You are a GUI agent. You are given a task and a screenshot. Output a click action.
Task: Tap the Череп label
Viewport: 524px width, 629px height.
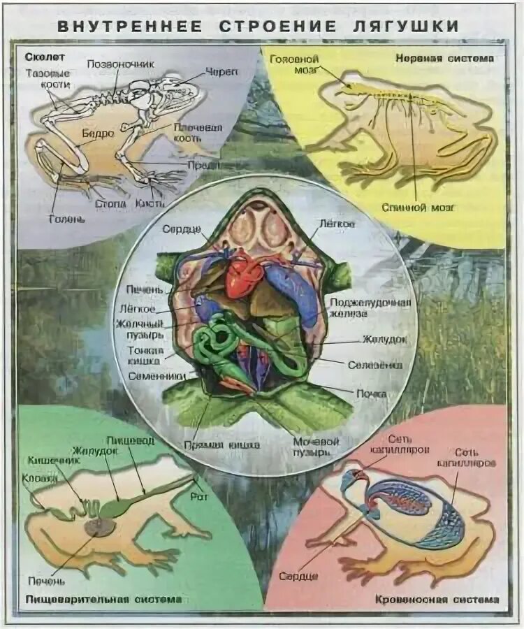click(x=223, y=72)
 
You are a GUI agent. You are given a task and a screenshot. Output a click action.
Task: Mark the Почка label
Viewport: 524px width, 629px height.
click(x=371, y=393)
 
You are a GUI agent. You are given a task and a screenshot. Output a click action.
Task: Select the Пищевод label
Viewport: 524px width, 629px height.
click(x=129, y=441)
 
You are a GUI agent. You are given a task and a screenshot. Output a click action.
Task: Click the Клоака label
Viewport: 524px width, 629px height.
click(x=35, y=479)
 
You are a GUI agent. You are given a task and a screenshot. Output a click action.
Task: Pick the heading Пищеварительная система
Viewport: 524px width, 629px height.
click(x=103, y=599)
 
